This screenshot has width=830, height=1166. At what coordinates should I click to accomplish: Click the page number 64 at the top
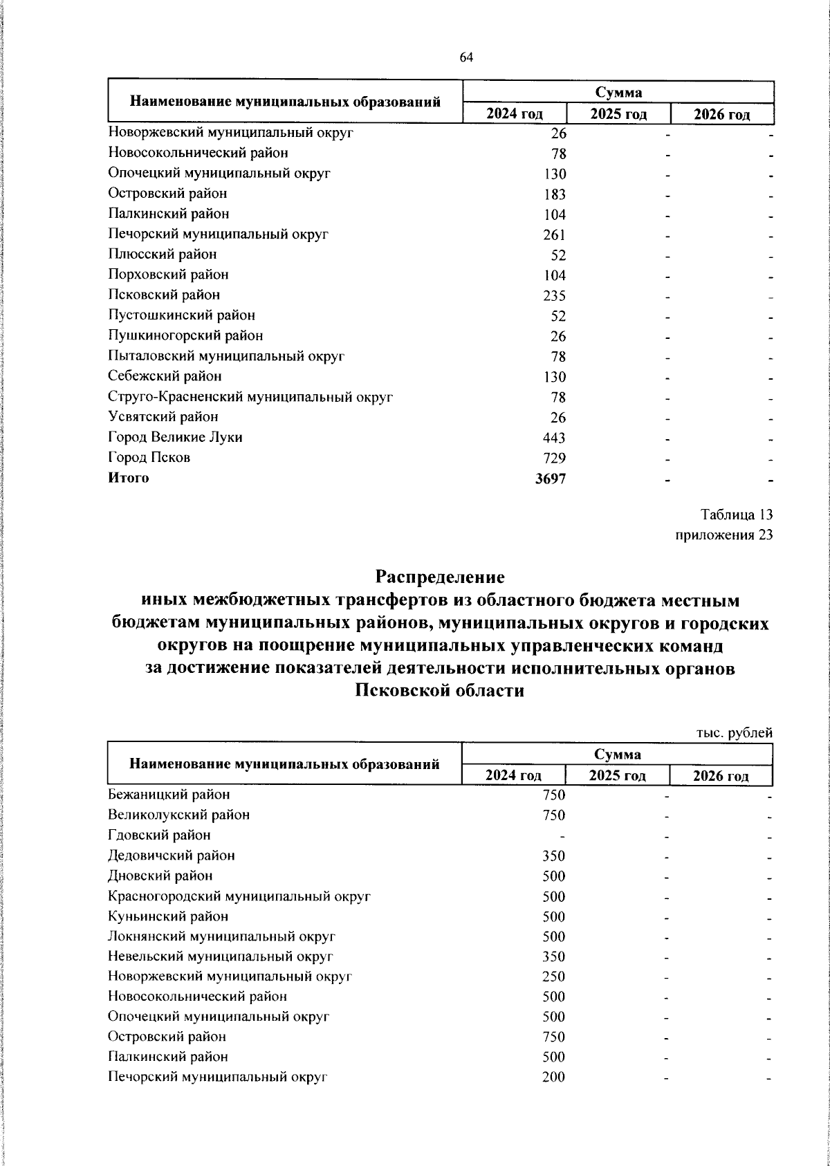click(x=465, y=57)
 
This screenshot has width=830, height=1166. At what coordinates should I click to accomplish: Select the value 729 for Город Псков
click(x=554, y=459)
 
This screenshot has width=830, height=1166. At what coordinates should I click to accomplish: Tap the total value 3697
click(x=551, y=479)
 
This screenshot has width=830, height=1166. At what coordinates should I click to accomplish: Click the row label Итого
click(x=129, y=478)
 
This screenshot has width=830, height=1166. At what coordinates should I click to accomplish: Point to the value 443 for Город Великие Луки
click(x=554, y=438)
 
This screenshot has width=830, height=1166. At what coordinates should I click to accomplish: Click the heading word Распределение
click(x=440, y=576)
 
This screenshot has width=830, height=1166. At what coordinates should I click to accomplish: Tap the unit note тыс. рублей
click(x=734, y=733)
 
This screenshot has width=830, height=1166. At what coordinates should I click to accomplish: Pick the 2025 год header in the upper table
click(x=618, y=114)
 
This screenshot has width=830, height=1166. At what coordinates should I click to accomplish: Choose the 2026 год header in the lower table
click(x=721, y=776)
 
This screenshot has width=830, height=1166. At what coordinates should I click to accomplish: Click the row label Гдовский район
click(x=159, y=835)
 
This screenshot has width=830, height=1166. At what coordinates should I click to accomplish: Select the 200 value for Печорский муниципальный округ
click(x=553, y=1077)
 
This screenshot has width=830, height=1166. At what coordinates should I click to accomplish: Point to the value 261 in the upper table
click(x=554, y=235)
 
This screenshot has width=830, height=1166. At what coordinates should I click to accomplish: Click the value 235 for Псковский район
click(x=554, y=296)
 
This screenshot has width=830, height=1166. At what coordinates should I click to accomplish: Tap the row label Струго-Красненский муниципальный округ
click(x=250, y=397)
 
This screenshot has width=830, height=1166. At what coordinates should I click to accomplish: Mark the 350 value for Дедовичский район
click(x=553, y=856)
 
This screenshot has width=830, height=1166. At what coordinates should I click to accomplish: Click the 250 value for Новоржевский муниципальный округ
click(x=553, y=977)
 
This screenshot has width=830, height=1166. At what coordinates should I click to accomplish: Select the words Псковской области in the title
click(x=440, y=691)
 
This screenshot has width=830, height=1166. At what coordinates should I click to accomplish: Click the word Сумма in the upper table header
click(x=618, y=93)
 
